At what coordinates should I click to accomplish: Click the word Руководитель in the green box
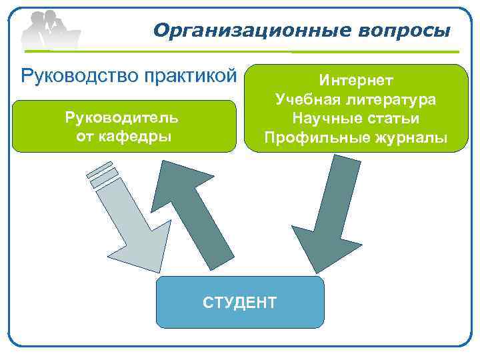pyautogui.click(x=121, y=117)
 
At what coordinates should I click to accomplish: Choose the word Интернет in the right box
pyautogui.click(x=356, y=81)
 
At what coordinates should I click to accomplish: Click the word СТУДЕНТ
pyautogui.click(x=239, y=302)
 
